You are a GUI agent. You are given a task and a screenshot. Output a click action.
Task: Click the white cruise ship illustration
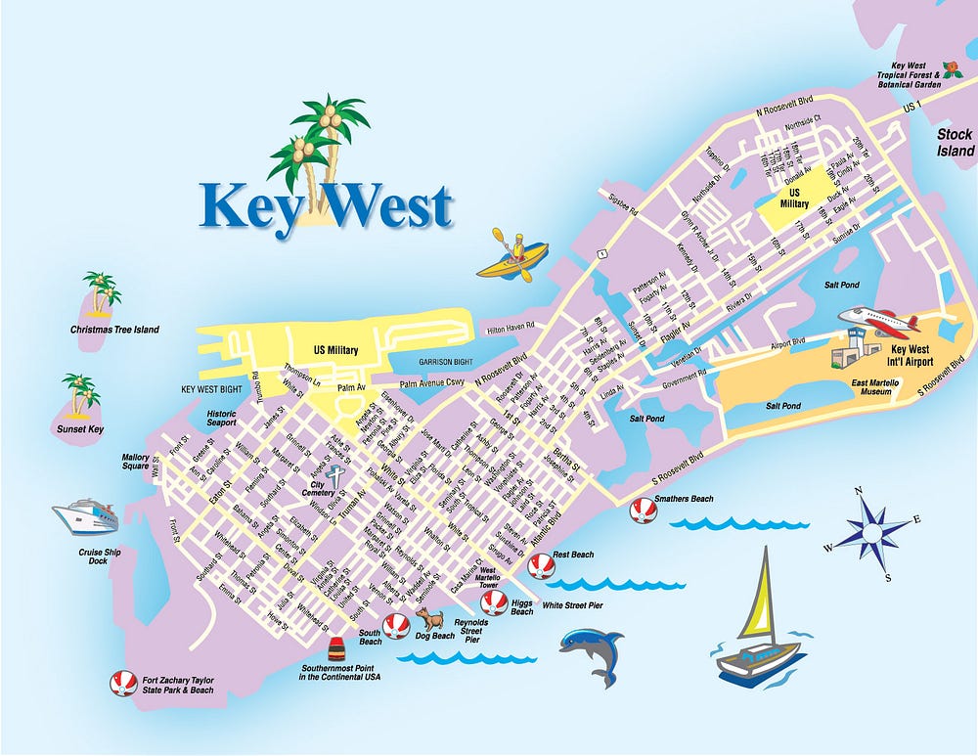click(86, 515)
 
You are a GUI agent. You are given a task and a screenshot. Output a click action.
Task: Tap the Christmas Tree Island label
click(114, 330)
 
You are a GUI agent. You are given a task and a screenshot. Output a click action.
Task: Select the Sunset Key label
click(80, 428)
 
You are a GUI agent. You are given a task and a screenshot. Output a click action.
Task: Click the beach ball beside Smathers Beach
click(643, 510)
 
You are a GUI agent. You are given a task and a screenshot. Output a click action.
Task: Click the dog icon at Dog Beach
click(430, 617)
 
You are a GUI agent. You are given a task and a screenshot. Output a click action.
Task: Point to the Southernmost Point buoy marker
click(336, 649)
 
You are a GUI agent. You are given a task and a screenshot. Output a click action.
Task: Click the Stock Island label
click(955, 143)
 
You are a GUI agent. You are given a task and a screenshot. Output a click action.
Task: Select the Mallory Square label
click(135, 461)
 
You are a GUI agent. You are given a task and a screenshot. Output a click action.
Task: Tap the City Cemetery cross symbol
click(335, 477)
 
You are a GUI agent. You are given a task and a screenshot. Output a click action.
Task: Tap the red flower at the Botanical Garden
click(954, 62)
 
